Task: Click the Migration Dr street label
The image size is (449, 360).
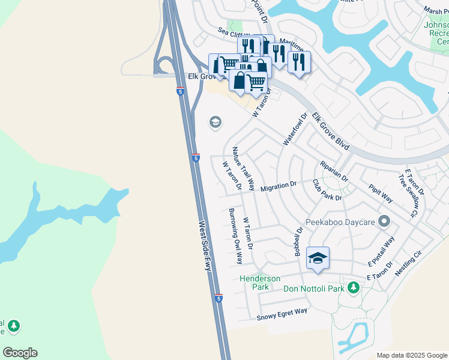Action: pyautogui.click(x=279, y=187)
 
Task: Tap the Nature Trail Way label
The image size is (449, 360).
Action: pyautogui.click(x=244, y=169)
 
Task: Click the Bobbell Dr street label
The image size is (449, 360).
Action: pyautogui.click(x=298, y=242)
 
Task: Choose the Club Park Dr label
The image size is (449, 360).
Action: pyautogui.click(x=327, y=190)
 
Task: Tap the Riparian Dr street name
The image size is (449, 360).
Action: pyautogui.click(x=334, y=170)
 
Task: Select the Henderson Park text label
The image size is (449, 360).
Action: pyautogui.click(x=260, y=283)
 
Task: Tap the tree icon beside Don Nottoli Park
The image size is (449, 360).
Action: pyautogui.click(x=354, y=289)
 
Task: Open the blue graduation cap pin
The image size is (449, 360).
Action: pyautogui.click(x=318, y=259)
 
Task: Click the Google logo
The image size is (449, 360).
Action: pyautogui.click(x=20, y=353)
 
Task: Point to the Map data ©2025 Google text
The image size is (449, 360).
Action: pyautogui.click(x=412, y=355)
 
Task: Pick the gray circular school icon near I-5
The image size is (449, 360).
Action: pyautogui.click(x=215, y=123)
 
